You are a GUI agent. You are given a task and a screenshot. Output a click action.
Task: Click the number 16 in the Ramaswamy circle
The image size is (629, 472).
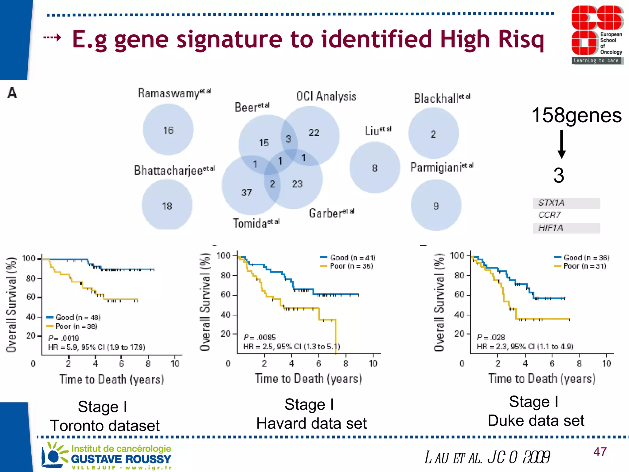pos(168,130)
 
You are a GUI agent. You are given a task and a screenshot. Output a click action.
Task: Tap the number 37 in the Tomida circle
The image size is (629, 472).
pos(247,193)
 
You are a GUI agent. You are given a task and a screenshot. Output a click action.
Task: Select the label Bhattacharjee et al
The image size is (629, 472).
pos(174,170)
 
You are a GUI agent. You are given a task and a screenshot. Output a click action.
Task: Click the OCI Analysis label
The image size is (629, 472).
pos(326,96)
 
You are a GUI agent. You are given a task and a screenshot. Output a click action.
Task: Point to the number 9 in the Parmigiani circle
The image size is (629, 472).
pos(436,206)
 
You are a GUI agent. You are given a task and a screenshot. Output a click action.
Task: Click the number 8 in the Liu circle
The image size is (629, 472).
pos(374,168)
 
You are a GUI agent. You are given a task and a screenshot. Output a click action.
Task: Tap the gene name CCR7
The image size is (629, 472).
pos(549,215)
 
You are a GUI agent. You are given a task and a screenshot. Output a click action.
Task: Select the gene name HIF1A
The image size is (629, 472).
pos(551,228)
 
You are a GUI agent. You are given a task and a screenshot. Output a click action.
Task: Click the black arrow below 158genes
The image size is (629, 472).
pos(561,144)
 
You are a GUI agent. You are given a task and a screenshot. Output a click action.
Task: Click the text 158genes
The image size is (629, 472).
pos(576,115)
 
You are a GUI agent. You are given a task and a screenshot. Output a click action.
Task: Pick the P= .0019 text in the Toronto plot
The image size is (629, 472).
pos(64,338)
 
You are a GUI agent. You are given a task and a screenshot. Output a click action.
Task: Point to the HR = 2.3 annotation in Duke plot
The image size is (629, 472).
pos(525,347)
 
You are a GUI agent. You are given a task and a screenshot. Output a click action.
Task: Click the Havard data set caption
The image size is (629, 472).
pos(311,423)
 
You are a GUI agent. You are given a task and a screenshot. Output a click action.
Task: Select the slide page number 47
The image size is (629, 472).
pos(600,452)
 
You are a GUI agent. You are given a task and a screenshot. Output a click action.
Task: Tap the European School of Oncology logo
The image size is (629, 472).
pos(597,34)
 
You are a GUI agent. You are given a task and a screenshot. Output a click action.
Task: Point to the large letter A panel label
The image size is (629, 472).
pos(12,92)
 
